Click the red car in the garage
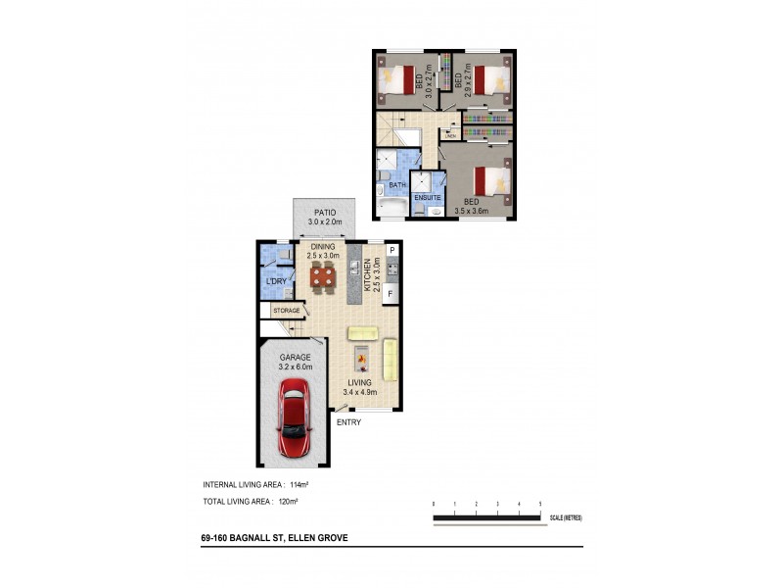[297, 420]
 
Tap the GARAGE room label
[296, 358]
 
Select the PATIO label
[326, 212]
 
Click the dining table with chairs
[324, 277]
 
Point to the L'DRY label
[276, 282]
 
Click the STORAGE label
[287, 311]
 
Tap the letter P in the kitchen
[391, 251]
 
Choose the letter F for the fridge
[391, 293]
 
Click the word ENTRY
[349, 422]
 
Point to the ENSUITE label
[428, 198]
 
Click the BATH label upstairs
[397, 185]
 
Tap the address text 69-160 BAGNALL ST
[245, 538]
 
